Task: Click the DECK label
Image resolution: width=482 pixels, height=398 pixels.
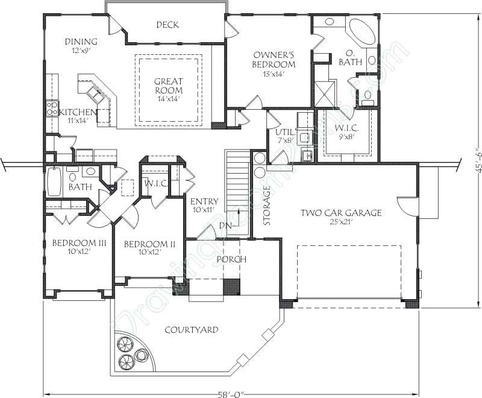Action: (x=167, y=25)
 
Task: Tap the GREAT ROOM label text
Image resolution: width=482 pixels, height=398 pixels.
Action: (x=169, y=86)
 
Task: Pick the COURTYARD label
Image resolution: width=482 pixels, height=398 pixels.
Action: (x=191, y=330)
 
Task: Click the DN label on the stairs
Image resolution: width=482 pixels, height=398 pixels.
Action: (x=223, y=226)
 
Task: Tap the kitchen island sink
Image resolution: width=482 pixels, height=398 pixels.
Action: (x=95, y=93)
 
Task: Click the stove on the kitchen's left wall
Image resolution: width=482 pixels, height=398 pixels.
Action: (x=51, y=110)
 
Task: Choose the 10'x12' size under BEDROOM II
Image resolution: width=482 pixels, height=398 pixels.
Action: (x=149, y=252)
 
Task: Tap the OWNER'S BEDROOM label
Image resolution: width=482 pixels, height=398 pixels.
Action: (x=274, y=59)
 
